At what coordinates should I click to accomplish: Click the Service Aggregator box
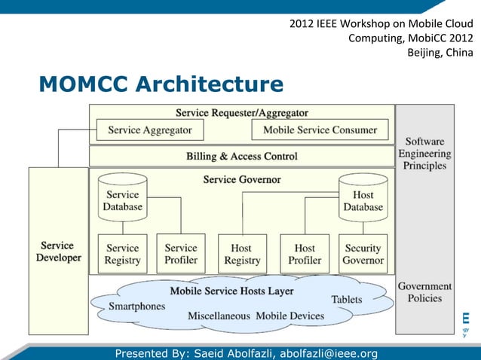(149, 130)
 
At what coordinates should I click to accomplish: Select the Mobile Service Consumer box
(320, 130)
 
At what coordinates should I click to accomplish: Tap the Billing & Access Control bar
(241, 157)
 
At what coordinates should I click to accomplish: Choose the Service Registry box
(123, 254)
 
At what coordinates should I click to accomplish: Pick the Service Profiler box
(181, 254)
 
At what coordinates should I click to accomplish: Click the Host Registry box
(242, 254)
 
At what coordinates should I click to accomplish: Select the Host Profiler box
(305, 254)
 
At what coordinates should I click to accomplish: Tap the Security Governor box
(363, 254)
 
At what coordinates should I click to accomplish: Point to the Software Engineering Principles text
(424, 154)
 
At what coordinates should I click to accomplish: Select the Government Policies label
(424, 293)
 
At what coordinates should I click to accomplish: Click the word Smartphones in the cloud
(136, 307)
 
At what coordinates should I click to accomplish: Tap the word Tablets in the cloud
(346, 300)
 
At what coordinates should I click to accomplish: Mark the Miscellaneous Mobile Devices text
(256, 316)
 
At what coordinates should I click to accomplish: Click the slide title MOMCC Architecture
(161, 84)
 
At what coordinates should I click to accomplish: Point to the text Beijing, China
(440, 53)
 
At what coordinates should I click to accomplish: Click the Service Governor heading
(241, 180)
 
